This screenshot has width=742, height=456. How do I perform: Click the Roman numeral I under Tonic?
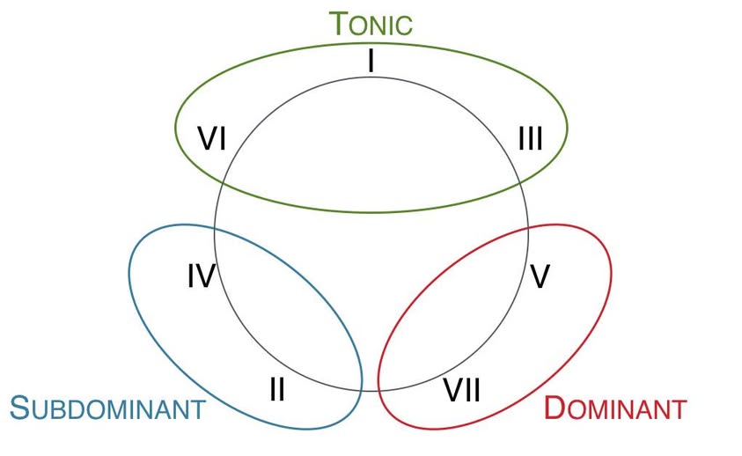(371, 61)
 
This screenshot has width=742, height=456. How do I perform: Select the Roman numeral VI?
(211, 139)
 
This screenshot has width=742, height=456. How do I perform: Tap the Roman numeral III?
(531, 139)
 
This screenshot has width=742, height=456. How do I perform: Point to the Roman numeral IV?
(202, 276)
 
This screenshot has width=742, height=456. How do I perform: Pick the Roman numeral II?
(277, 390)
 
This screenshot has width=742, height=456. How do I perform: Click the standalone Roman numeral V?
(540, 276)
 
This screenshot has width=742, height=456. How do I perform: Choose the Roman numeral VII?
(462, 390)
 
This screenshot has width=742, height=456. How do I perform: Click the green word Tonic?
(371, 24)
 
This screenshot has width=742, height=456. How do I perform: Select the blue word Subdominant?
(108, 408)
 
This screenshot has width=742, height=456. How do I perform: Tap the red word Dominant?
(615, 408)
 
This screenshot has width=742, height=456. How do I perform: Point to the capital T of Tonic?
(339, 24)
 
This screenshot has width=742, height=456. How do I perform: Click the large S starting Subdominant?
(20, 408)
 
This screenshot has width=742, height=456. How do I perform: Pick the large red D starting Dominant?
(555, 408)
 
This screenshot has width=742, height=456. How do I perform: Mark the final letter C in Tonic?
(404, 26)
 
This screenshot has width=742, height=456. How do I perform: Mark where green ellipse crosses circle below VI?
(223, 182)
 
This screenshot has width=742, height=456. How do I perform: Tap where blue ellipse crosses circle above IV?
(215, 230)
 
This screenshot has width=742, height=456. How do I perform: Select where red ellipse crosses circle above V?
(527, 230)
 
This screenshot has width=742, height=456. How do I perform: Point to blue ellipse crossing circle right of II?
(361, 391)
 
